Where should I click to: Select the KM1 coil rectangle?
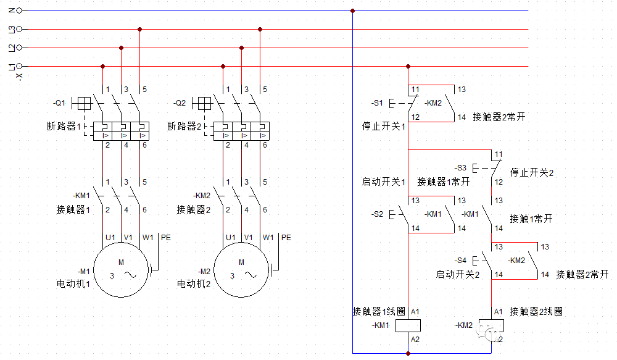pos(408,325)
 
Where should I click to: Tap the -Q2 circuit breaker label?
pos(180,103)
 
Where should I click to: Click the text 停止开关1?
pos(383,127)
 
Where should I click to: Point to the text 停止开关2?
pos(532,172)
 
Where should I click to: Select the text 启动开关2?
pos(457,274)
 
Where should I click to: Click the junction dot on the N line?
pos(352,10)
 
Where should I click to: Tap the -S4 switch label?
pos(460,260)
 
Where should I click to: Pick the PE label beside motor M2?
pos(286,237)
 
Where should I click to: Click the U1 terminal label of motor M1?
pos(110,237)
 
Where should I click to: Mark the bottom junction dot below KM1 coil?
pos(408,353)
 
